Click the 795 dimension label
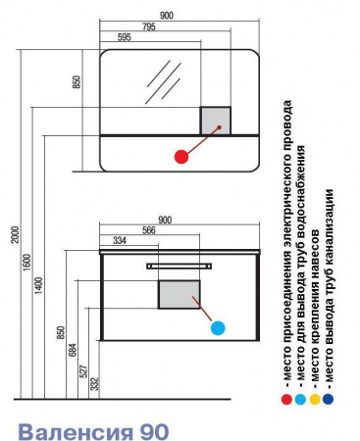pyautogui.click(x=148, y=26)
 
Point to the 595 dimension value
pyautogui.click(x=124, y=37)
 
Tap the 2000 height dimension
pyautogui.click(x=16, y=235)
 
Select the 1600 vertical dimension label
pyautogui.click(x=27, y=263)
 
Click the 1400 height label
pyautogui.click(x=39, y=285)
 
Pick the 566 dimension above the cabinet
pyautogui.click(x=149, y=230)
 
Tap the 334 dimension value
pyautogui.click(x=120, y=241)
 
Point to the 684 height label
pyautogui.click(x=73, y=350)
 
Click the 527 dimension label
pyautogui.click(x=84, y=371)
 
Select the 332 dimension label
pyautogui.click(x=94, y=384)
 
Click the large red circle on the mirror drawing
pyautogui.click(x=181, y=157)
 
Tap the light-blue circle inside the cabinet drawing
pyautogui.click(x=218, y=327)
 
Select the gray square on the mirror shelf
pyautogui.click(x=216, y=121)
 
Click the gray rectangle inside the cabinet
pyautogui.click(x=180, y=294)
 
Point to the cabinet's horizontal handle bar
pyautogui.click(x=179, y=267)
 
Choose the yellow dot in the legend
pyautogui.click(x=315, y=399)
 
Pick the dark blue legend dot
pyautogui.click(x=328, y=399)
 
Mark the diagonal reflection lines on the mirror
pyautogui.click(x=164, y=82)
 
